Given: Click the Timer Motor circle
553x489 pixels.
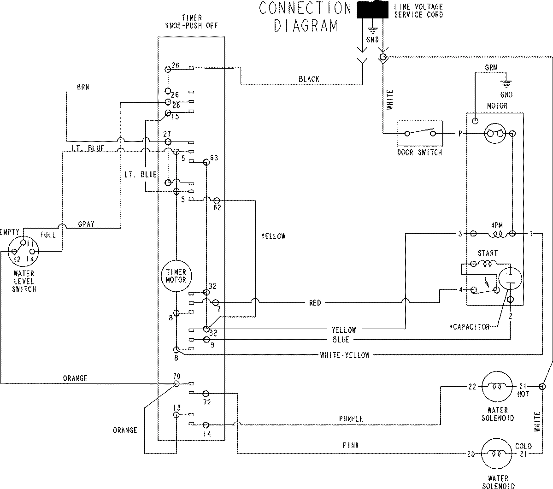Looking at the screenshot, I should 176,276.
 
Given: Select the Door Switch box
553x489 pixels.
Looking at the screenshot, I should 419,134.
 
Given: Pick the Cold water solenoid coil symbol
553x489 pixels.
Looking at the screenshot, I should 497,454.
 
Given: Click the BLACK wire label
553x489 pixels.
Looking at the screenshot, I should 309,79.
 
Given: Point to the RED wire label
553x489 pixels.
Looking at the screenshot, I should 315,303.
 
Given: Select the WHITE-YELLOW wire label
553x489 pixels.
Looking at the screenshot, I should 344,355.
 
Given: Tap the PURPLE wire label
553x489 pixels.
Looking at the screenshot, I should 351,419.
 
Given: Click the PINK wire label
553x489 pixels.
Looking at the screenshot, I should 351,446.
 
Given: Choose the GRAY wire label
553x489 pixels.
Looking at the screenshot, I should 86,224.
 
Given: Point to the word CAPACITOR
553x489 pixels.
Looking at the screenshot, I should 471,327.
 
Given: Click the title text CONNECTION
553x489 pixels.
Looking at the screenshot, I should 305,8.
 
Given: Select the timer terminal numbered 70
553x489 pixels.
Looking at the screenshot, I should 176,383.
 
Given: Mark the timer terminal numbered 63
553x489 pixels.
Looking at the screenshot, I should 206,162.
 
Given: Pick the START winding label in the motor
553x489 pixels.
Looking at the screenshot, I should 487,253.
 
